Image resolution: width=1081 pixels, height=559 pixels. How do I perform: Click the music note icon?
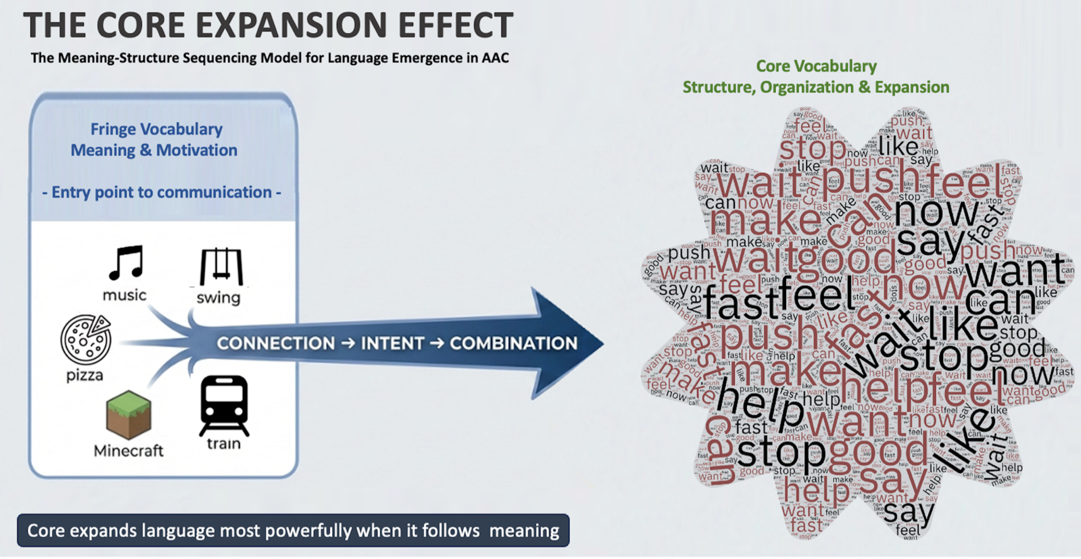(126, 263)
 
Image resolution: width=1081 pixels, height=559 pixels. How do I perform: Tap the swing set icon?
(221, 267)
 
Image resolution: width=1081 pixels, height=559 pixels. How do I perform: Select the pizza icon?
(86, 339)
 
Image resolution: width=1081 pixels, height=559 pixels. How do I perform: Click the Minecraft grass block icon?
(129, 415)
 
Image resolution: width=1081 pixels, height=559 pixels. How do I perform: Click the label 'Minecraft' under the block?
(129, 450)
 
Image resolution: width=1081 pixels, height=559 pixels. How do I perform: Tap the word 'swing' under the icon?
(218, 297)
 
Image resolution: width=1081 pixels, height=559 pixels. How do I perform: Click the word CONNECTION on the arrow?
(276, 343)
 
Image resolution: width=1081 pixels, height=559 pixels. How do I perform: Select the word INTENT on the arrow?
(393, 343)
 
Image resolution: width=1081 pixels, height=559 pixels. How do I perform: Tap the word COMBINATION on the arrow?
(513, 343)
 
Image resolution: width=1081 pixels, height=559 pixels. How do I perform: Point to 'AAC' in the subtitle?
(495, 58)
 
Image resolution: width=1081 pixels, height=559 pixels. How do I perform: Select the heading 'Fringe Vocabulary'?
(156, 129)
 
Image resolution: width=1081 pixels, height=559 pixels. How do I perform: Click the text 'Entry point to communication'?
(161, 192)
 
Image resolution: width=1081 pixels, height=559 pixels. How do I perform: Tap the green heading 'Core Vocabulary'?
(816, 66)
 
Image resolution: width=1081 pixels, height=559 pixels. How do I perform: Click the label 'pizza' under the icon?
(85, 375)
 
